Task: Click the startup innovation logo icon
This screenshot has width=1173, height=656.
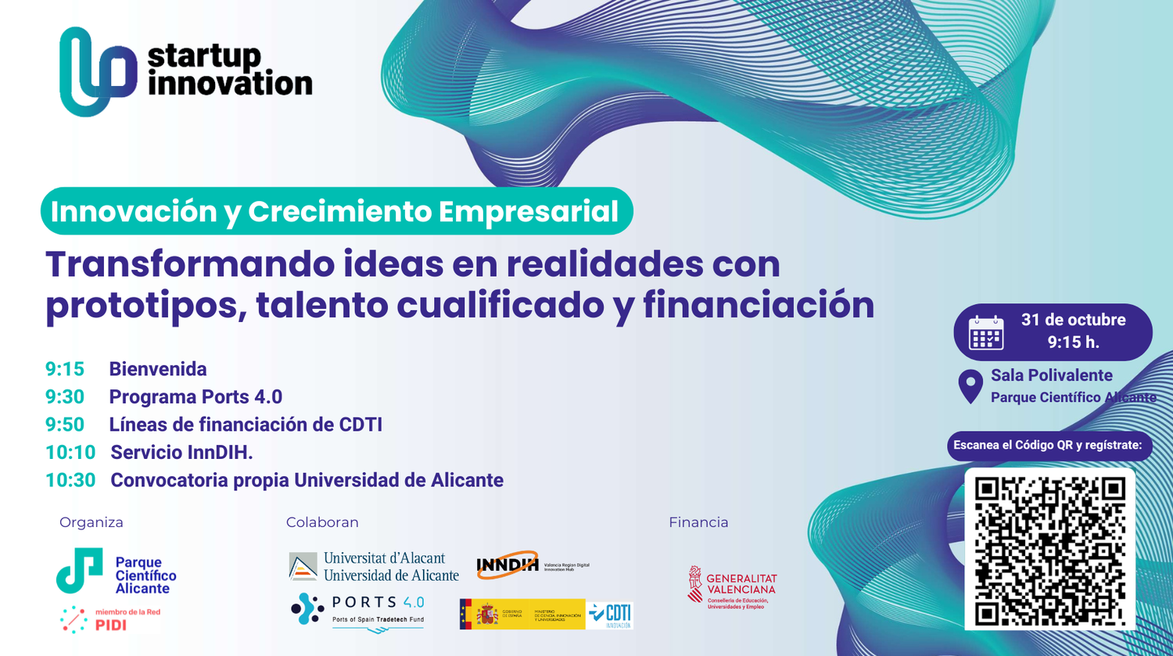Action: pos(98,71)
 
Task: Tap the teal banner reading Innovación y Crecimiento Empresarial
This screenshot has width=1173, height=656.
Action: pos(336,211)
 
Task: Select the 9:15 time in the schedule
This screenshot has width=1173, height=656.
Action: pos(65,369)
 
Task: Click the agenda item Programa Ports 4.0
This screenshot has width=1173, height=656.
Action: pos(195,396)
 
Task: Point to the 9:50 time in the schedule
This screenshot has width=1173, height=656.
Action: pos(65,425)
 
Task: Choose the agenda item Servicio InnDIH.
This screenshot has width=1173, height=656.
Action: pos(181,452)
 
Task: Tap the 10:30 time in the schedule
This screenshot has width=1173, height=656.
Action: pos(70,480)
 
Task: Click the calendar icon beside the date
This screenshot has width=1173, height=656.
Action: pos(986,333)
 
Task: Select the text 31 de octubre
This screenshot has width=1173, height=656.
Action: pos(1073,320)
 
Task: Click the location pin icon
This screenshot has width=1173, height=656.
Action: pos(970,386)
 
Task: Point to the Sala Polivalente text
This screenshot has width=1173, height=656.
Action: pos(1051,375)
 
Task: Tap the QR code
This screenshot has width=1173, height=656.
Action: pos(1049,549)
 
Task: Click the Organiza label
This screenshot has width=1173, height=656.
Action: pos(91,522)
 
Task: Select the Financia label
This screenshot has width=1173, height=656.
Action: pos(698,522)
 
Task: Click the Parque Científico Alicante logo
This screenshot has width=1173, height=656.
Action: pos(117,572)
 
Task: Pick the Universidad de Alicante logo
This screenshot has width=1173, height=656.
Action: pos(374,567)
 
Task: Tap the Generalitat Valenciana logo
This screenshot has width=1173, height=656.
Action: pos(732,586)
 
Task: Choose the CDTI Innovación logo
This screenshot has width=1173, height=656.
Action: pos(610,615)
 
